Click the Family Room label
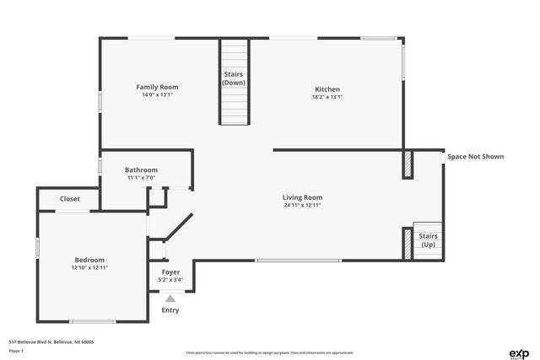(158, 87)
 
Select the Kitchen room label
(327, 89)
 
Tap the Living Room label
(302, 197)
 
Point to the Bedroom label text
(89, 260)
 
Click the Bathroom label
(142, 169)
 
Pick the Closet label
(70, 199)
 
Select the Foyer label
(170, 272)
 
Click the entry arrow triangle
(170, 298)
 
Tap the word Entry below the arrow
(170, 310)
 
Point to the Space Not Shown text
(475, 156)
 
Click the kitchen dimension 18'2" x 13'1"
(327, 97)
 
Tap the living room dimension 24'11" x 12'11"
(302, 205)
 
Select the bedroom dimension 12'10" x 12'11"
(89, 267)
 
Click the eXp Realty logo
(518, 353)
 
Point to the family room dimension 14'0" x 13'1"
(158, 94)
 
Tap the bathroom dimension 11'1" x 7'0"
(142, 177)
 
